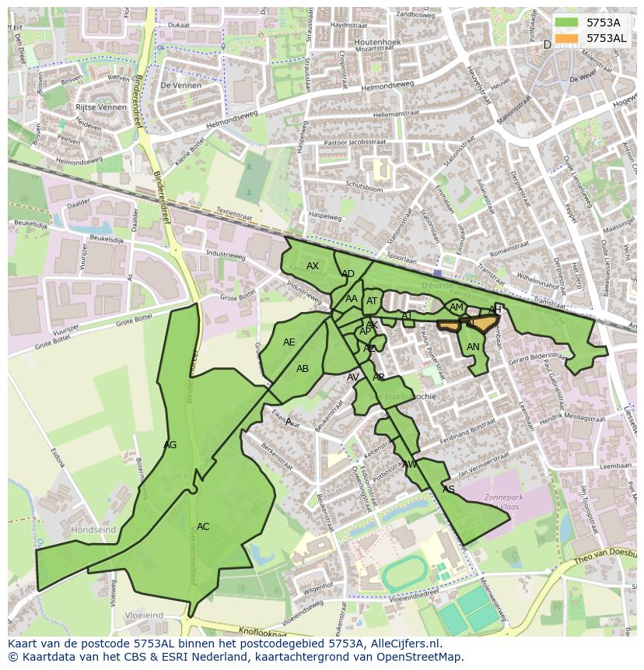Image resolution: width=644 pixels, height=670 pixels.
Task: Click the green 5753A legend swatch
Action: pyautogui.click(x=567, y=23)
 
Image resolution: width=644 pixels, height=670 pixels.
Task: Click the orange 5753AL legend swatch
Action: pyautogui.click(x=567, y=37)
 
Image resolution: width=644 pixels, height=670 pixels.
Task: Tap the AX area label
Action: pyautogui.click(x=313, y=266)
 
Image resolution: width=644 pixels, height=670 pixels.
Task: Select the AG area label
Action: pyautogui.click(x=170, y=445)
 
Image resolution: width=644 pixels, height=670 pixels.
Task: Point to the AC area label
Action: pyautogui.click(x=203, y=527)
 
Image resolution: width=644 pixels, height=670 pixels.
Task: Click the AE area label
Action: pyautogui.click(x=289, y=342)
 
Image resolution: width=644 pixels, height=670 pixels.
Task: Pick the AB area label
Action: pyautogui.click(x=303, y=369)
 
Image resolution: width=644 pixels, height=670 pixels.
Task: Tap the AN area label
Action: pyautogui.click(x=473, y=347)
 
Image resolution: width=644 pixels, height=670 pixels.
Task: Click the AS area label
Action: pyautogui.click(x=448, y=489)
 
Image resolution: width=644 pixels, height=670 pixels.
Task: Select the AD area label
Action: pyautogui.click(x=348, y=274)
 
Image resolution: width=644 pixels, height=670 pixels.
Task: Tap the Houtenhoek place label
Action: pyautogui.click(x=377, y=41)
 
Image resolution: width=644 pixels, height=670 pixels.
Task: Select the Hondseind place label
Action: pyautogui.click(x=93, y=530)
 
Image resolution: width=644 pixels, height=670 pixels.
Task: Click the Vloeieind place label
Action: pyautogui.click(x=144, y=615)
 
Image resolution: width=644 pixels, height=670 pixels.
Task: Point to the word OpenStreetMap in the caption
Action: pyautogui.click(x=423, y=657)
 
